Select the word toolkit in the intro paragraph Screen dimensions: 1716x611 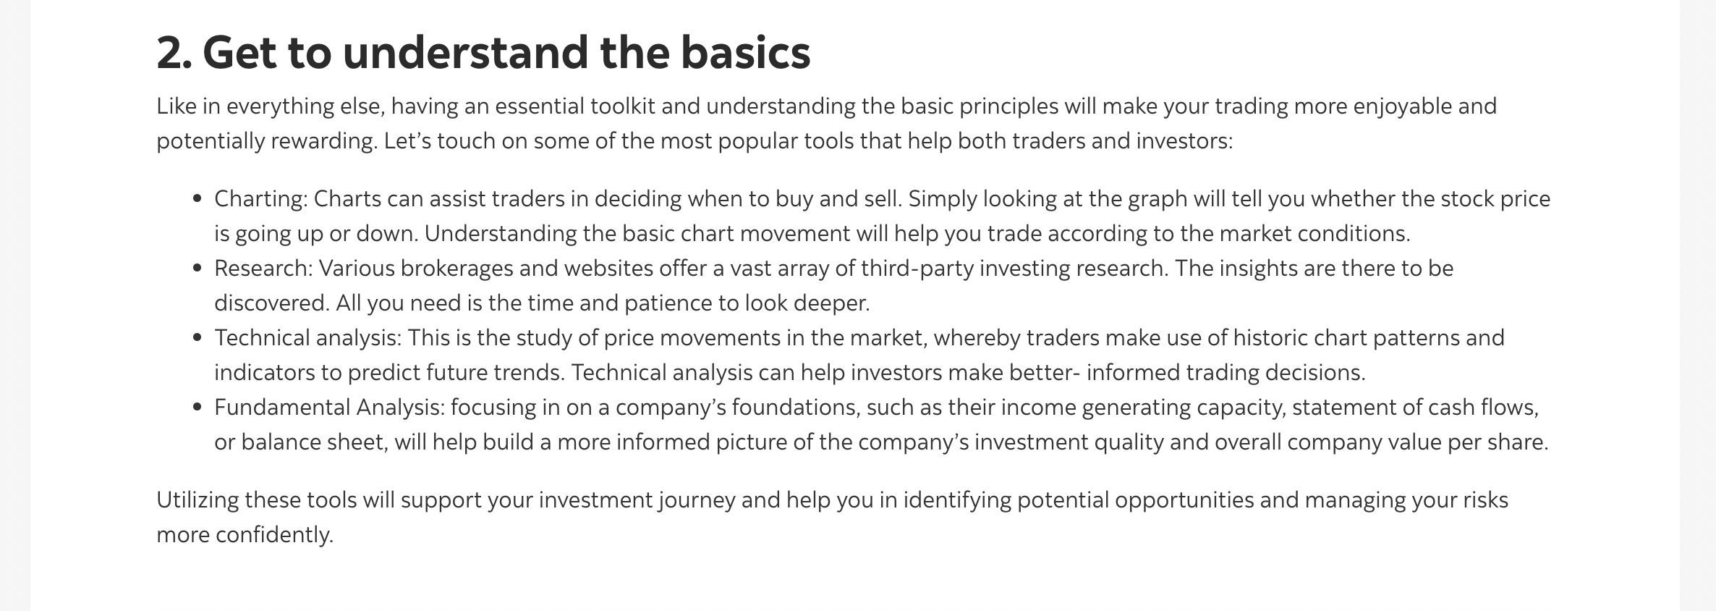(623, 106)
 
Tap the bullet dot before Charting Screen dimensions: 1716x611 (197, 199)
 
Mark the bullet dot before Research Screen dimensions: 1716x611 (197, 269)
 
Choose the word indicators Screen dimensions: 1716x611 (264, 373)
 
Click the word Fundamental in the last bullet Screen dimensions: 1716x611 (281, 408)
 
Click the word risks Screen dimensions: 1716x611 (1485, 500)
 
